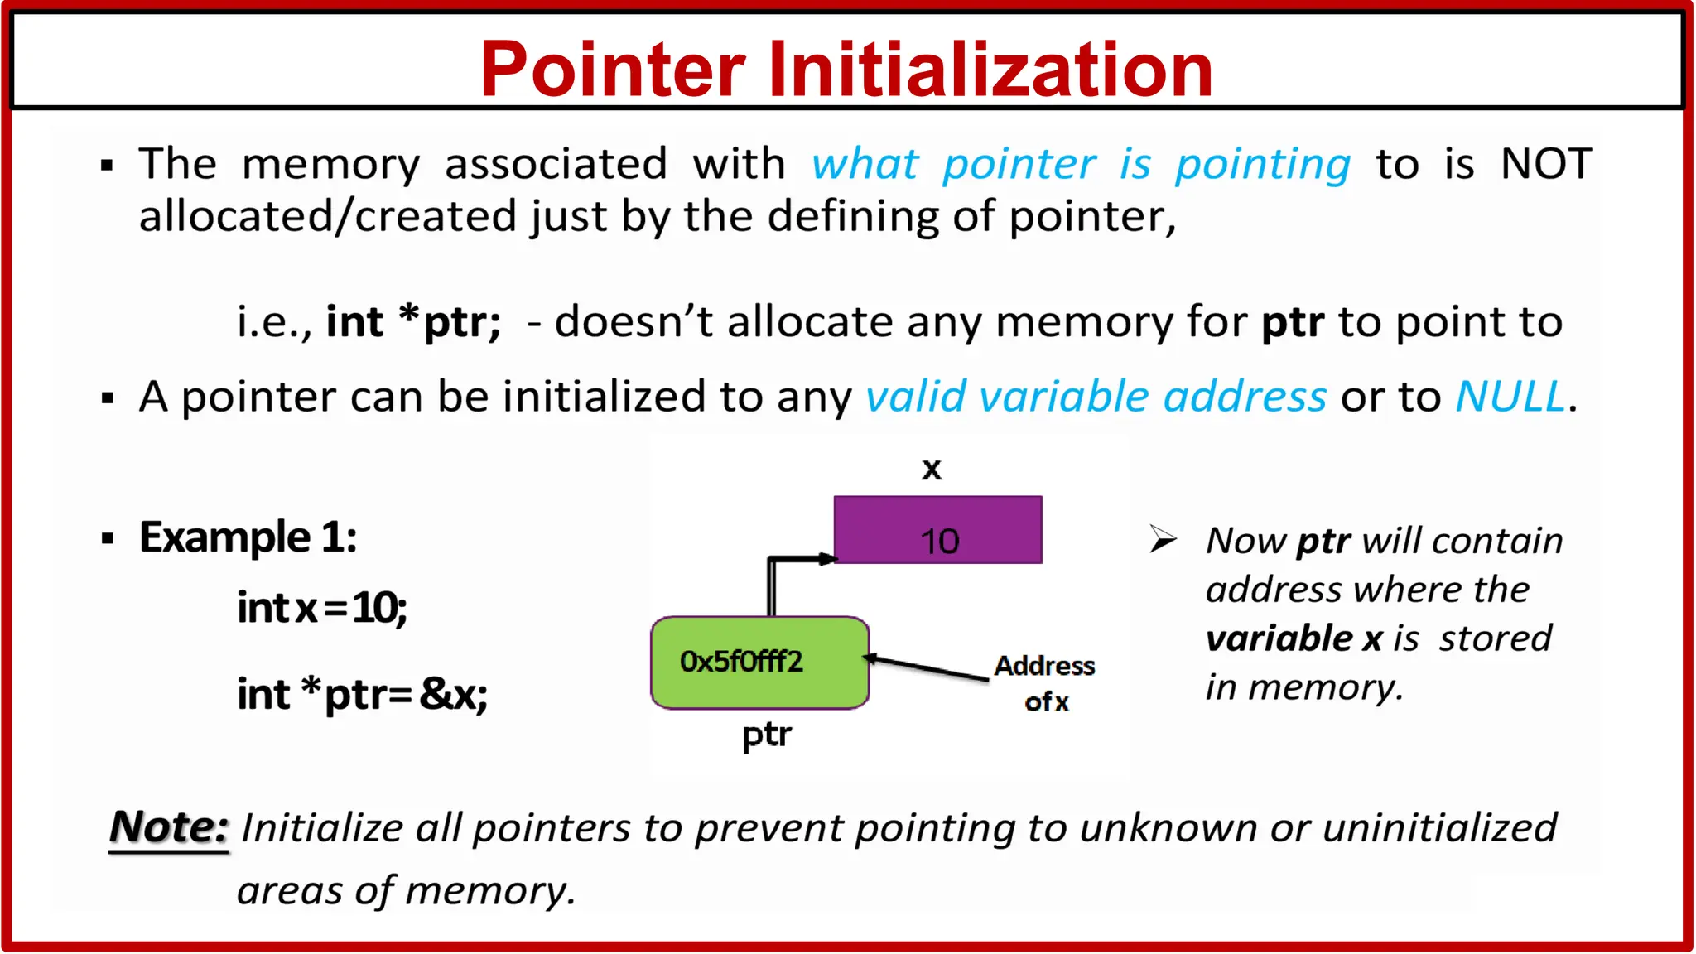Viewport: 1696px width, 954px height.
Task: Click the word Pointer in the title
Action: [613, 70]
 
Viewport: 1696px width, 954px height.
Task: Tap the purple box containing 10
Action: [937, 531]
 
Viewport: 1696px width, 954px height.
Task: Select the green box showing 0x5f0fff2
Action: [759, 662]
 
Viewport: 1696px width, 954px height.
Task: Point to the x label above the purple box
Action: [932, 470]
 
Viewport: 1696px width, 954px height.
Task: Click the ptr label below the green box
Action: [766, 735]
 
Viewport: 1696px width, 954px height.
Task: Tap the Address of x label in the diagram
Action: [1045, 683]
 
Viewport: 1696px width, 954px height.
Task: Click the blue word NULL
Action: [1510, 397]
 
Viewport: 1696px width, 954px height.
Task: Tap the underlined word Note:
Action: [169, 827]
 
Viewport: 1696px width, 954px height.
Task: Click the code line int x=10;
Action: [321, 609]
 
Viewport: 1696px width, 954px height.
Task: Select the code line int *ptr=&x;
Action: [362, 694]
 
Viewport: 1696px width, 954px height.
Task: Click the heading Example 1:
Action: [248, 537]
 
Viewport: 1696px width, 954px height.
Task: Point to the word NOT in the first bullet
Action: [1546, 164]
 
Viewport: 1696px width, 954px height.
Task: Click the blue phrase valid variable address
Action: [1096, 397]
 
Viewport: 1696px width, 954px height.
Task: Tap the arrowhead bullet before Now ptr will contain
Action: [1163, 540]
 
